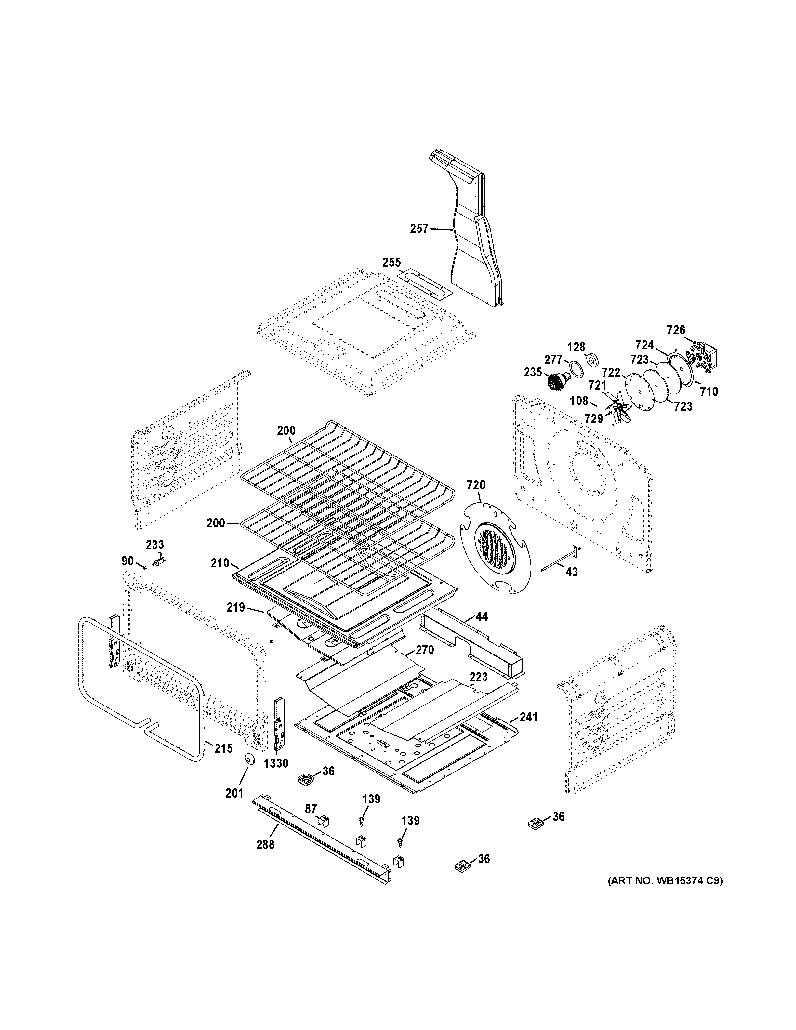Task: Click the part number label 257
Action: point(419,229)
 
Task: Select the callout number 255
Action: point(391,262)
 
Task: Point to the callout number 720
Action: point(476,485)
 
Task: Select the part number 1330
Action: point(276,763)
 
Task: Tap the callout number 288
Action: point(265,844)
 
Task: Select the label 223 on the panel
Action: point(479,677)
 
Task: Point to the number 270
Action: point(424,650)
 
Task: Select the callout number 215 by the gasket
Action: point(223,748)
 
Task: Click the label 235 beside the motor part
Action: point(533,372)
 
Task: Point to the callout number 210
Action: point(220,563)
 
